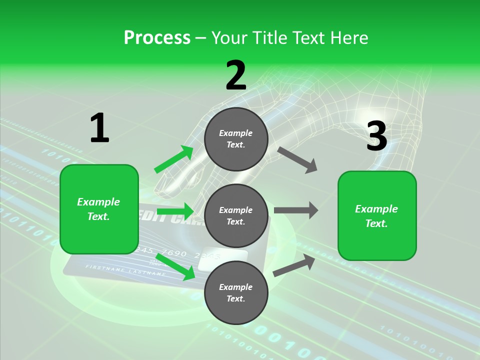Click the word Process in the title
click(157, 38)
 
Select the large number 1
click(99, 128)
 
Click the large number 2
click(236, 75)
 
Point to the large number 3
click(376, 136)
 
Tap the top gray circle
click(236, 139)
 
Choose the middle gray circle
click(236, 215)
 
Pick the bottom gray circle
click(236, 292)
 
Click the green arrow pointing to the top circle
click(174, 159)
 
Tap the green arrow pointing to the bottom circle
click(176, 266)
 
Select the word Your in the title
click(229, 38)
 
